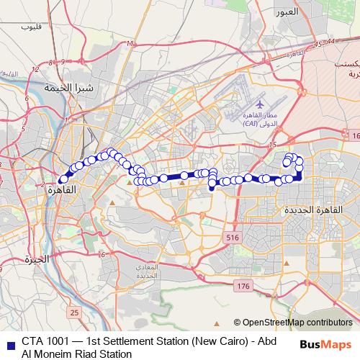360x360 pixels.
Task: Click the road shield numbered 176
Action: pyautogui.click(x=243, y=287)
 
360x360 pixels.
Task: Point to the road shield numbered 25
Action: pyautogui.click(x=75, y=312)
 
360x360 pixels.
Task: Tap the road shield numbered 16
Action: pyautogui.click(x=355, y=135)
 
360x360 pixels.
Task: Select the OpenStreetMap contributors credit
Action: pyautogui.click(x=297, y=323)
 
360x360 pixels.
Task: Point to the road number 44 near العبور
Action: pyautogui.click(x=330, y=43)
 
